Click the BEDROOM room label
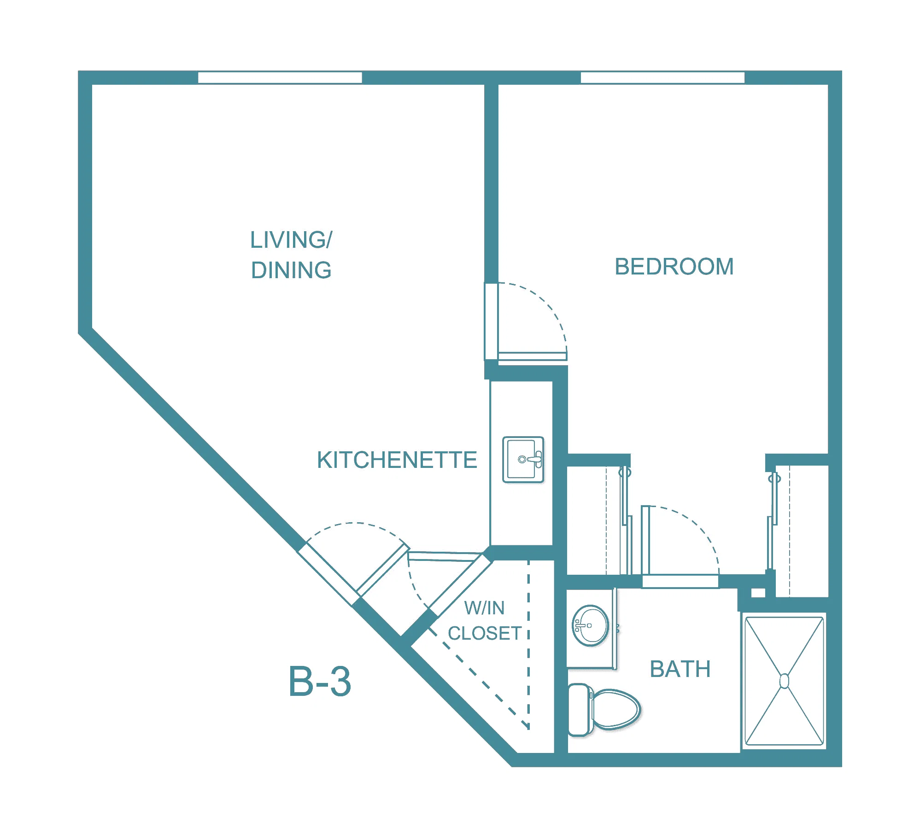coord(674,267)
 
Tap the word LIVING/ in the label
coord(291,240)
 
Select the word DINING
coord(291,270)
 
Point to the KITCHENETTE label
coord(397,460)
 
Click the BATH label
coord(680,669)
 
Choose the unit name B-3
coord(320,682)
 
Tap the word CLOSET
coord(485,633)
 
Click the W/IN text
coord(484,608)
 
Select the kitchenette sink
coord(523,460)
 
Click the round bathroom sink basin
coord(590,626)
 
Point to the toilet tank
coord(580,709)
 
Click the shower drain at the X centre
coord(784,681)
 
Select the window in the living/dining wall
coord(280,77)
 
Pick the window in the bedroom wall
coord(662,77)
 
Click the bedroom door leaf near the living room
coord(533,356)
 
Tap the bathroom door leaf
coord(645,540)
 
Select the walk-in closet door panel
coord(459,585)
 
